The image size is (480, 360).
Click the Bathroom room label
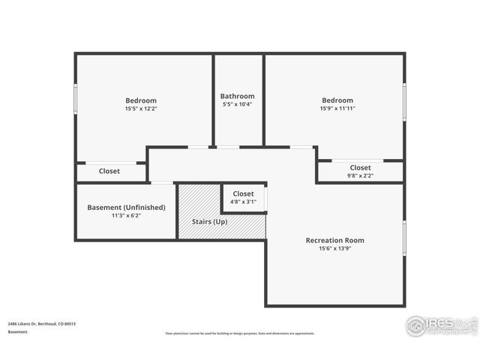(x=237, y=96)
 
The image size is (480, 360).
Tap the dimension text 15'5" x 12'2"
(x=141, y=109)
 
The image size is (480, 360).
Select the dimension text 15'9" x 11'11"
(x=337, y=109)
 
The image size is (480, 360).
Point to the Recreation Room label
(x=334, y=240)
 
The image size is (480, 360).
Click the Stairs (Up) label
(x=210, y=223)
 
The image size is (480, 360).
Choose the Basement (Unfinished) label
(x=126, y=207)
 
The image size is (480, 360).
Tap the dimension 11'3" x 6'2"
(x=126, y=215)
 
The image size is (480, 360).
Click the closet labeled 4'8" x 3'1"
(x=243, y=202)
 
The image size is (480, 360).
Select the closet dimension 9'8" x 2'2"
(x=360, y=175)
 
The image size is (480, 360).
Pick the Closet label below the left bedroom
(x=109, y=171)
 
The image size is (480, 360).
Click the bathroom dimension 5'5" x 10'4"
(x=237, y=104)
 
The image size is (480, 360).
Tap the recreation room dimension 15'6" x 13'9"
(x=334, y=248)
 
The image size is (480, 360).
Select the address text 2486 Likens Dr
(x=41, y=324)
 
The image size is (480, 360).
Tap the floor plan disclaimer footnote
(x=240, y=334)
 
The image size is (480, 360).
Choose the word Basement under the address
(x=17, y=331)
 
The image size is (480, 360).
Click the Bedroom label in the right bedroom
(x=337, y=100)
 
